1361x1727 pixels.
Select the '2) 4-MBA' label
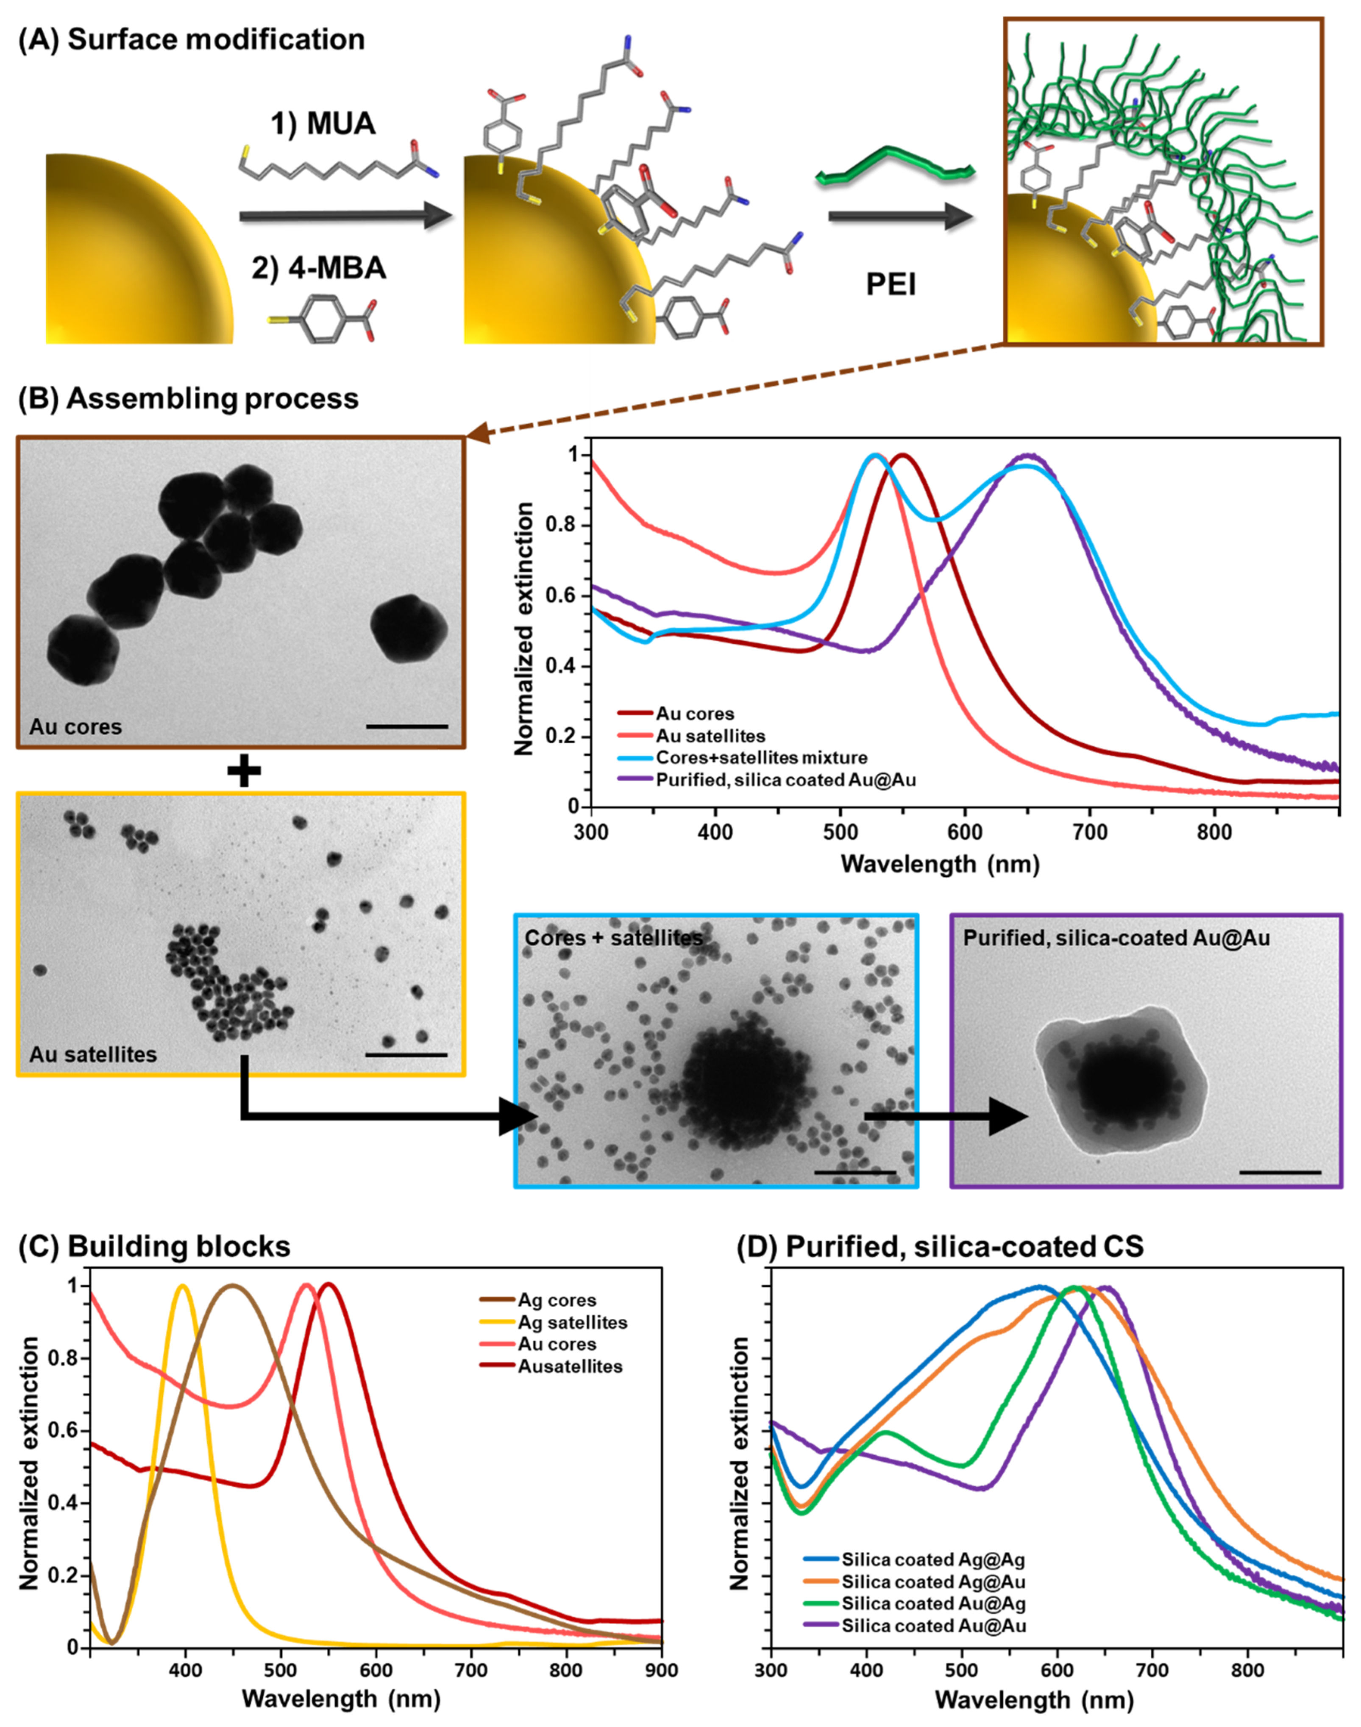pyautogui.click(x=319, y=268)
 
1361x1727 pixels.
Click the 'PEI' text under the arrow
pyautogui.click(x=891, y=284)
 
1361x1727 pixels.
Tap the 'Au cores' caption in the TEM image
pyautogui.click(x=76, y=726)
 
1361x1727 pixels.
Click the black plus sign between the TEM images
pyautogui.click(x=244, y=771)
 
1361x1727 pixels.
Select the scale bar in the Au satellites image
pyautogui.click(x=406, y=1055)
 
